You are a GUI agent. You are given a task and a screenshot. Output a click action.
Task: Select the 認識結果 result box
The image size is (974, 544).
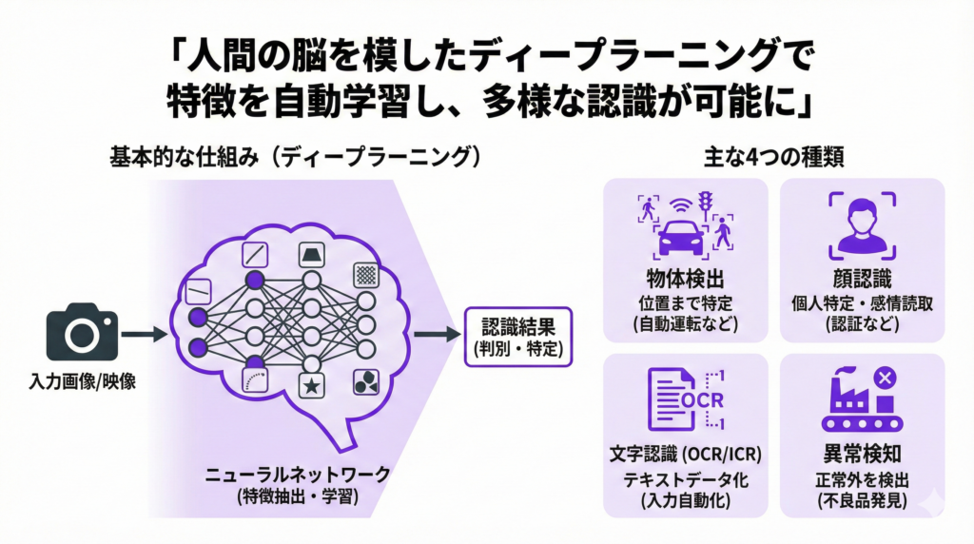click(518, 335)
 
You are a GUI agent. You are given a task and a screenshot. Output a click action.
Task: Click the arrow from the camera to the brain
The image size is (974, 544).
click(144, 334)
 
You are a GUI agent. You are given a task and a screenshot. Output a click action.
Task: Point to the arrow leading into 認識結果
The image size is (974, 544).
click(437, 335)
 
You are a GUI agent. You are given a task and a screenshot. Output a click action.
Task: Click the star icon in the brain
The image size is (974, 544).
click(311, 386)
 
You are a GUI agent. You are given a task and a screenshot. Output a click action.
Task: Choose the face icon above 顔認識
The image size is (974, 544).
click(861, 223)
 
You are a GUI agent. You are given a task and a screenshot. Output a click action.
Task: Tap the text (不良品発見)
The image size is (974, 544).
click(862, 498)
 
